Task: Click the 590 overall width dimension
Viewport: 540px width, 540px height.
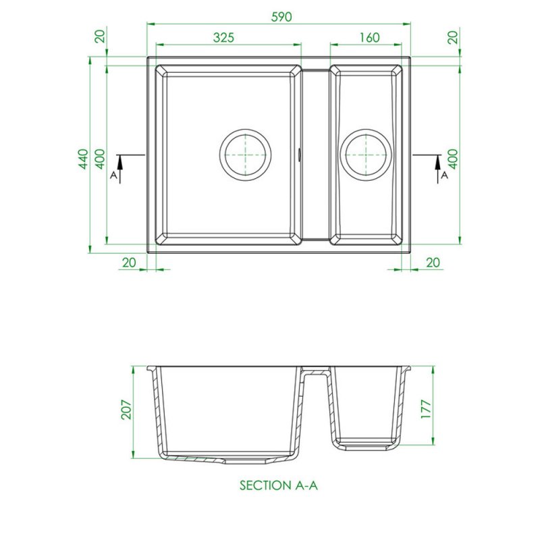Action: (x=281, y=16)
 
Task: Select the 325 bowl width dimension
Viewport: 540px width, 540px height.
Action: (x=223, y=37)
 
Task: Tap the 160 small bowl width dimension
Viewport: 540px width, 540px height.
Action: (x=369, y=37)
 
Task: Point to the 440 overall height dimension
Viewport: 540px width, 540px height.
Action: (x=83, y=159)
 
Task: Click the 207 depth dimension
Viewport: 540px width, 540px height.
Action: (x=127, y=410)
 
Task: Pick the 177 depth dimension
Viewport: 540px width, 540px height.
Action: (x=426, y=409)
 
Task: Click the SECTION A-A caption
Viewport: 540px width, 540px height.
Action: (x=279, y=485)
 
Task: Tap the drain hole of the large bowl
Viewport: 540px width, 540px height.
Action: (x=245, y=155)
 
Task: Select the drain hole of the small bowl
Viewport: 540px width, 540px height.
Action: (x=366, y=155)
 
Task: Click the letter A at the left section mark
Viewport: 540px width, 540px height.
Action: (x=113, y=175)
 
